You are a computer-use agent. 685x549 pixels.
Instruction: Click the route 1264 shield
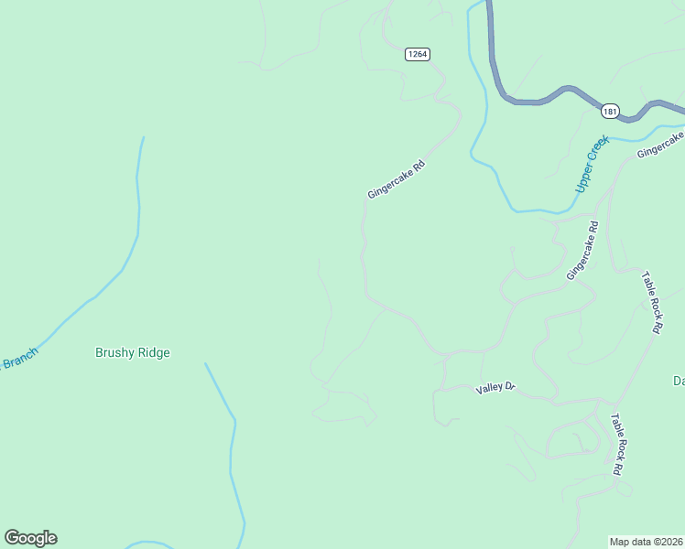[417, 54]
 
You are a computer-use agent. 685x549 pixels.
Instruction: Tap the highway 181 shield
[610, 112]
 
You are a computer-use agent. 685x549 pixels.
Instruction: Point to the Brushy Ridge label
[133, 352]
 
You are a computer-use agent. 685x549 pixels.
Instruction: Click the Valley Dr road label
[496, 389]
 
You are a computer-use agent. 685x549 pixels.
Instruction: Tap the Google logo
[30, 538]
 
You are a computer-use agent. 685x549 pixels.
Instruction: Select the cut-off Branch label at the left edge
[17, 359]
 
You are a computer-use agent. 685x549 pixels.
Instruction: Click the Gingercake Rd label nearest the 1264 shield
[397, 179]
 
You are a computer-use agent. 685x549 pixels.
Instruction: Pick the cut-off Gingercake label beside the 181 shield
[661, 145]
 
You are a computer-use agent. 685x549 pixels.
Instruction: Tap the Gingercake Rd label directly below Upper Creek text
[582, 251]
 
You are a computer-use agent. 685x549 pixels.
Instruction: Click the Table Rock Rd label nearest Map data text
[617, 443]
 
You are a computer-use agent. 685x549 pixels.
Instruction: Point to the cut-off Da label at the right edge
[679, 381]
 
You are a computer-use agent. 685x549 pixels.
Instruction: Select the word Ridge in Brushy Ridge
[151, 352]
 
